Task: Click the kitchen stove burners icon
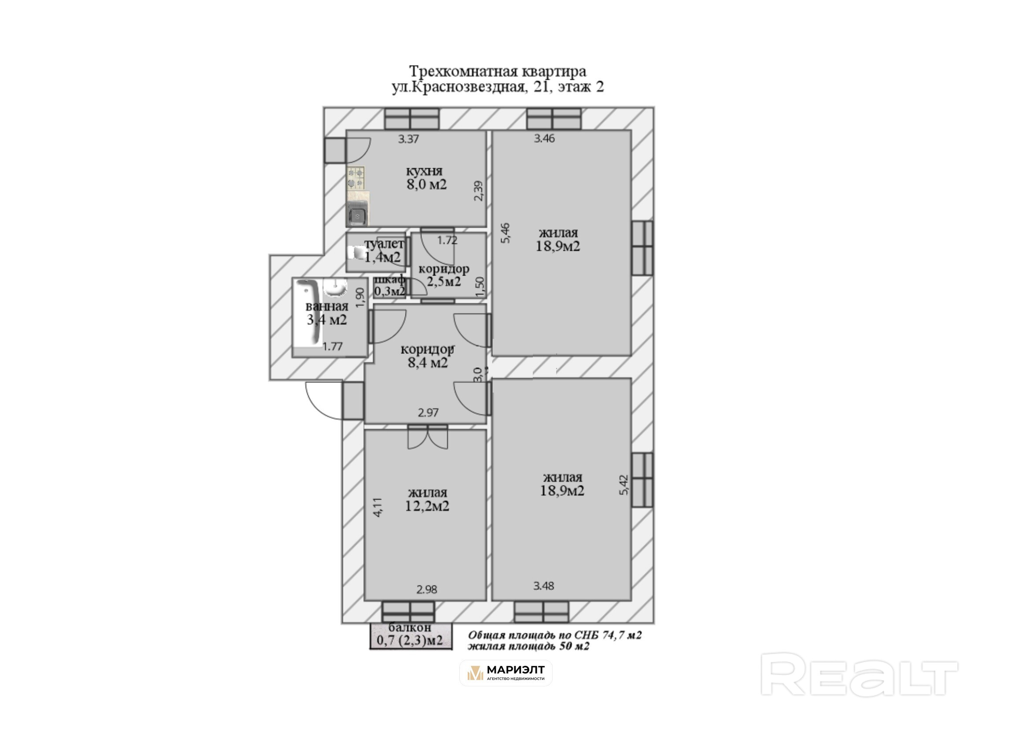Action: point(356,177)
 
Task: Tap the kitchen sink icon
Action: point(357,214)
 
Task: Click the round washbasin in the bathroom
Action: point(335,287)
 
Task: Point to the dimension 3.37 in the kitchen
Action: point(408,140)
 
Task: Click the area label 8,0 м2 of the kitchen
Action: point(427,185)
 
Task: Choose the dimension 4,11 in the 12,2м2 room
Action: point(378,507)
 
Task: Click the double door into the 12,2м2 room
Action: point(428,437)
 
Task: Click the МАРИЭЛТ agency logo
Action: point(505,673)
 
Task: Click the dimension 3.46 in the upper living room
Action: point(544,139)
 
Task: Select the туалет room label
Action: point(384,244)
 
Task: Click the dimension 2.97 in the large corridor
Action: point(428,413)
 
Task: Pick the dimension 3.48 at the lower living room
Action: point(544,586)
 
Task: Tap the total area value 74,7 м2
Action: point(622,635)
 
